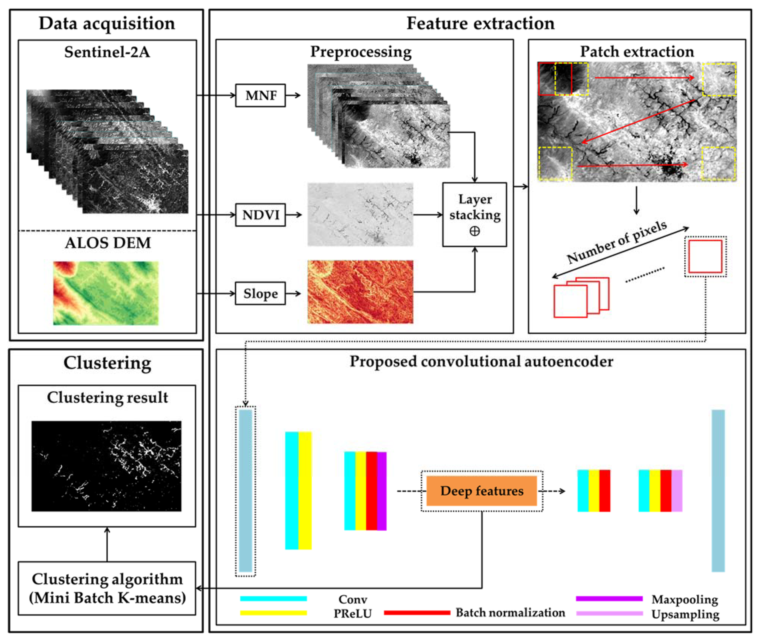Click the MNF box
[x=260, y=95]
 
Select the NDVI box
[x=260, y=215]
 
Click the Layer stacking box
[x=474, y=215]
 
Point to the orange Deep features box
[x=481, y=491]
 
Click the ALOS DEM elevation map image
[x=106, y=293]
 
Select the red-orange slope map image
[x=360, y=292]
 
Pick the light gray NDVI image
[x=360, y=214]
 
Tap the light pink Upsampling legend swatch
[x=609, y=613]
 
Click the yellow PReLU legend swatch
[x=273, y=613]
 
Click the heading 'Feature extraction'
[x=480, y=23]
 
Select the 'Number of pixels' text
[x=617, y=242]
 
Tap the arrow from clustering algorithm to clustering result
[x=107, y=544]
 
